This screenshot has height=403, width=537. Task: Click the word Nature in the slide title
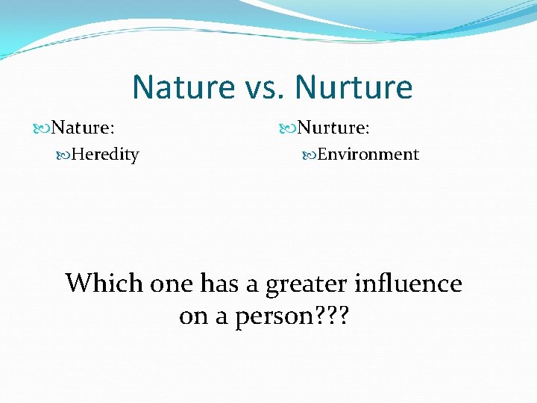(183, 87)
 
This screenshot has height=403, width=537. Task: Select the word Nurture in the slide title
(354, 87)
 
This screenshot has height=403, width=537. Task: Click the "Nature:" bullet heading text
(83, 128)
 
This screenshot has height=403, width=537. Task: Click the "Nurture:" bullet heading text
(333, 128)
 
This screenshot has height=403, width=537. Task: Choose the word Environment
(368, 154)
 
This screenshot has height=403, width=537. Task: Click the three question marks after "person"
(327, 316)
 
